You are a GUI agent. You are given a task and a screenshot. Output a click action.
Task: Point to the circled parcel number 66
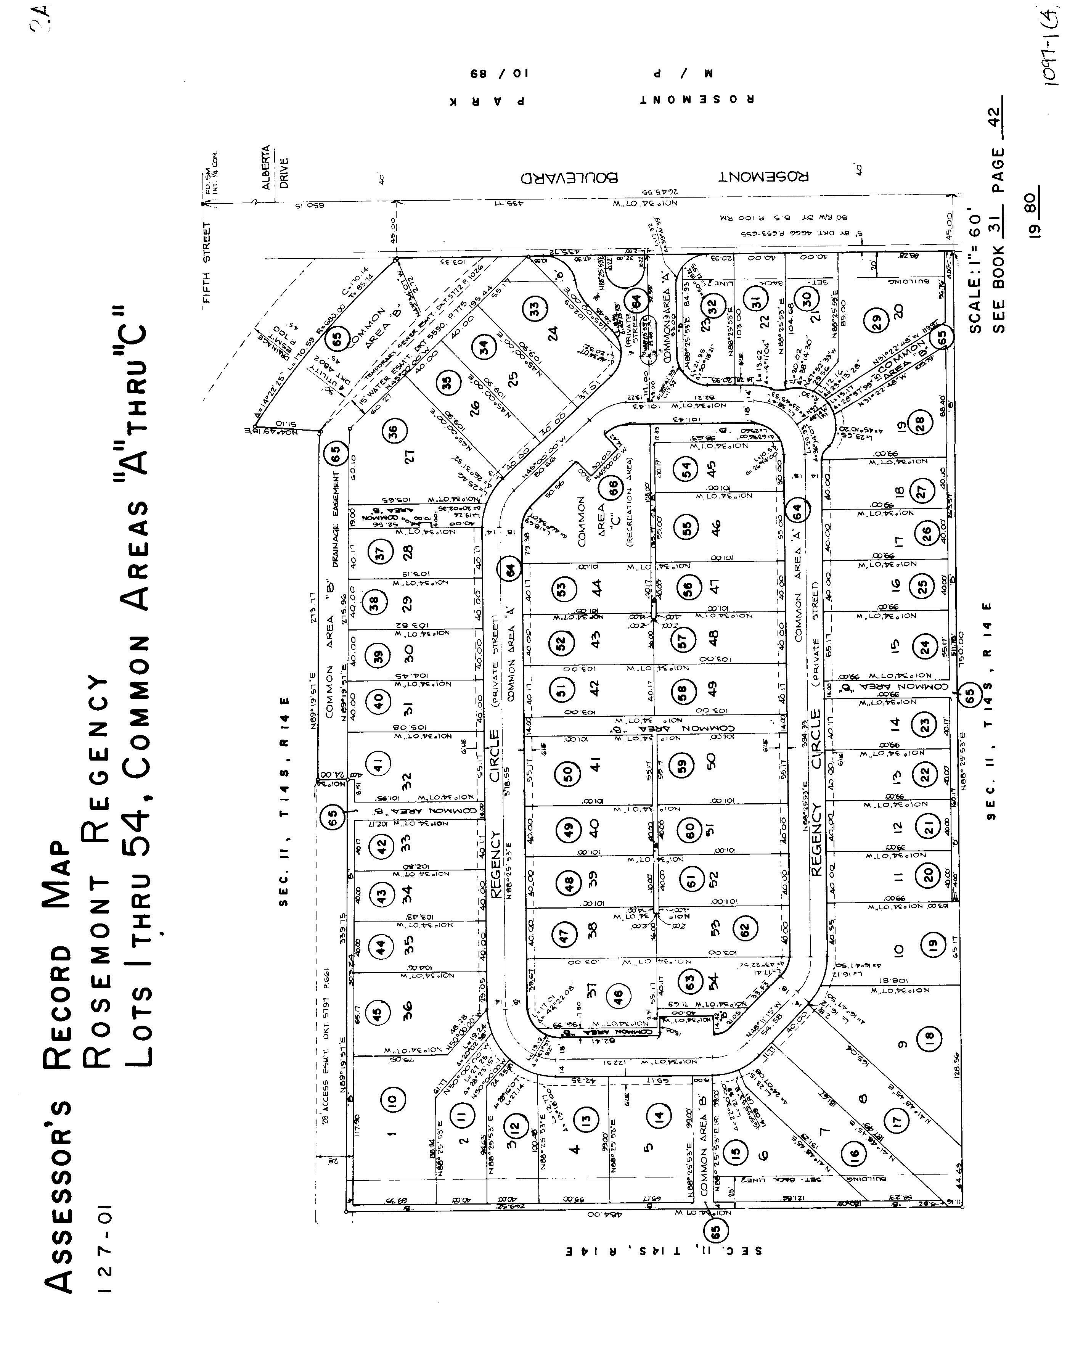[x=612, y=488]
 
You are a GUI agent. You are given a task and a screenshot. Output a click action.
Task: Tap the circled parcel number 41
[x=378, y=766]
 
